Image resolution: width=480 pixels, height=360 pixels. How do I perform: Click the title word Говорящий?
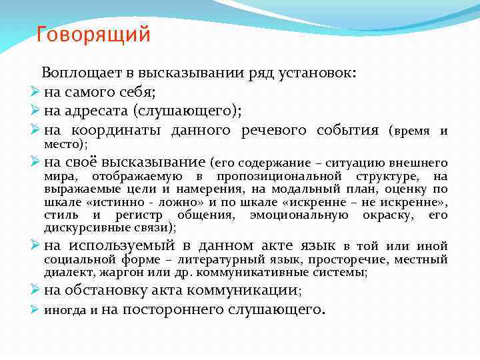click(x=93, y=34)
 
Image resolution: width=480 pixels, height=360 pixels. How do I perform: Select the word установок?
click(x=313, y=73)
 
